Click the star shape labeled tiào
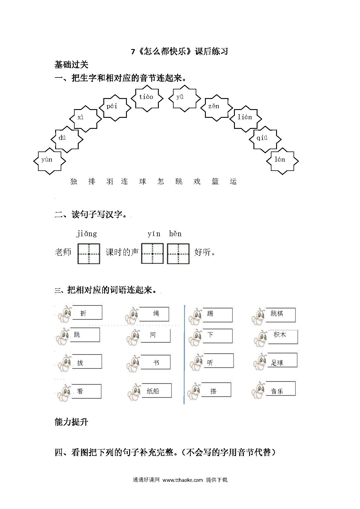(x=147, y=98)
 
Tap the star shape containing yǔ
(x=185, y=98)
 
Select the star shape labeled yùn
(x=50, y=161)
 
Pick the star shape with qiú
(x=265, y=139)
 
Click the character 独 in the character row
(x=74, y=182)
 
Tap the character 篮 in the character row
(x=215, y=182)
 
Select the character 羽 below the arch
(x=110, y=182)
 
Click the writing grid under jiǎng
(x=89, y=254)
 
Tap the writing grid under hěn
(x=178, y=254)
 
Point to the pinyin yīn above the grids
(x=154, y=234)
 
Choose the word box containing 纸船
(x=156, y=391)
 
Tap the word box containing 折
(x=87, y=313)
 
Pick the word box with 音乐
(x=280, y=389)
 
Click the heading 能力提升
(x=71, y=422)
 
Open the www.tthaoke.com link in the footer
(x=183, y=480)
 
